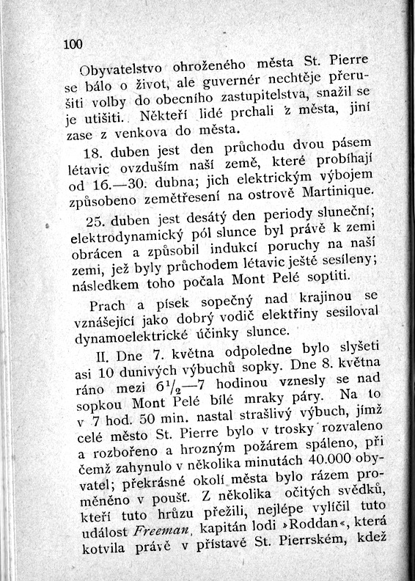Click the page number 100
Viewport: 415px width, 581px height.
74,45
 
